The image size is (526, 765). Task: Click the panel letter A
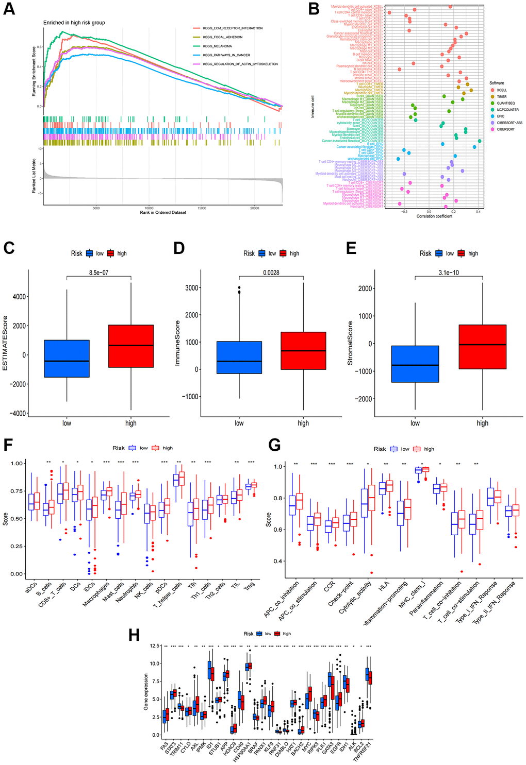click(9, 9)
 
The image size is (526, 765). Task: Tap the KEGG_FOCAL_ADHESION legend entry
click(222, 37)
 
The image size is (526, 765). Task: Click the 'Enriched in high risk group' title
click(74, 23)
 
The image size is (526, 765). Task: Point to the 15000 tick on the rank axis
click(202, 208)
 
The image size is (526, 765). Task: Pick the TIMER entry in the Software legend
click(501, 97)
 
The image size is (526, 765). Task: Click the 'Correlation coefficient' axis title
click(434, 216)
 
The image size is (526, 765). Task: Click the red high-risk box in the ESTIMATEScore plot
click(131, 346)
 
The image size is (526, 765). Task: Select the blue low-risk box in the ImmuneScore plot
click(239, 358)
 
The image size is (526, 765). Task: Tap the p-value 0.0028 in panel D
click(271, 273)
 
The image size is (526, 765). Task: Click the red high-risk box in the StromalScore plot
click(482, 347)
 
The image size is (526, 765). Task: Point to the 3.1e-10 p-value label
click(449, 273)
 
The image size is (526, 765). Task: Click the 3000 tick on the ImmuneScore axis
click(192, 288)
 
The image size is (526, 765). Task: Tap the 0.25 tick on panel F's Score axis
click(17, 546)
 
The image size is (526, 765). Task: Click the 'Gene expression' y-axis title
click(146, 691)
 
